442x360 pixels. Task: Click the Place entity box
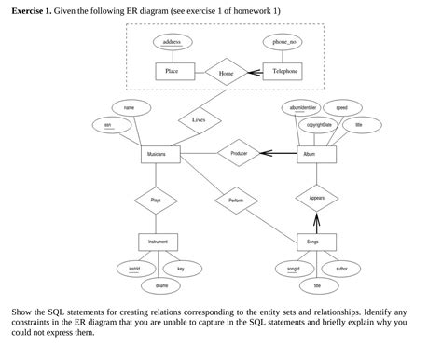click(173, 71)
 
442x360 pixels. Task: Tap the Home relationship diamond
click(227, 72)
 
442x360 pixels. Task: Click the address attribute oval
click(172, 42)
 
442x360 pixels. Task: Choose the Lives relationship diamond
click(199, 119)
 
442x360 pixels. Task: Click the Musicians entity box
click(157, 153)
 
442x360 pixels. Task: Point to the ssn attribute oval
click(109, 125)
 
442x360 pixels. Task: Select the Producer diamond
click(238, 152)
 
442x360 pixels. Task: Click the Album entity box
click(315, 153)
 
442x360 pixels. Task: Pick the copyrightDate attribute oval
click(320, 125)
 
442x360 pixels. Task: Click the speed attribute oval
click(342, 108)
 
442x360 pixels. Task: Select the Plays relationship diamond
click(156, 200)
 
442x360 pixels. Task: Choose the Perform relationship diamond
click(235, 200)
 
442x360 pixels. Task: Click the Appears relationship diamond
click(315, 199)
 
